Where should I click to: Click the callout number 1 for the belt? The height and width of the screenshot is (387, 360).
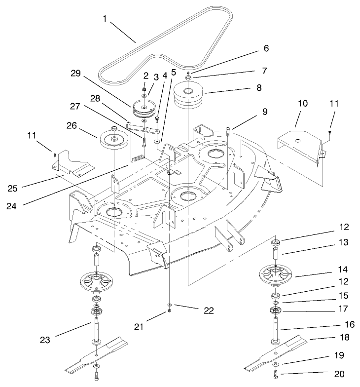[x=105, y=19]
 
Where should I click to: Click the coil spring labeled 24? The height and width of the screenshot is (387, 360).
[x=138, y=158]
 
